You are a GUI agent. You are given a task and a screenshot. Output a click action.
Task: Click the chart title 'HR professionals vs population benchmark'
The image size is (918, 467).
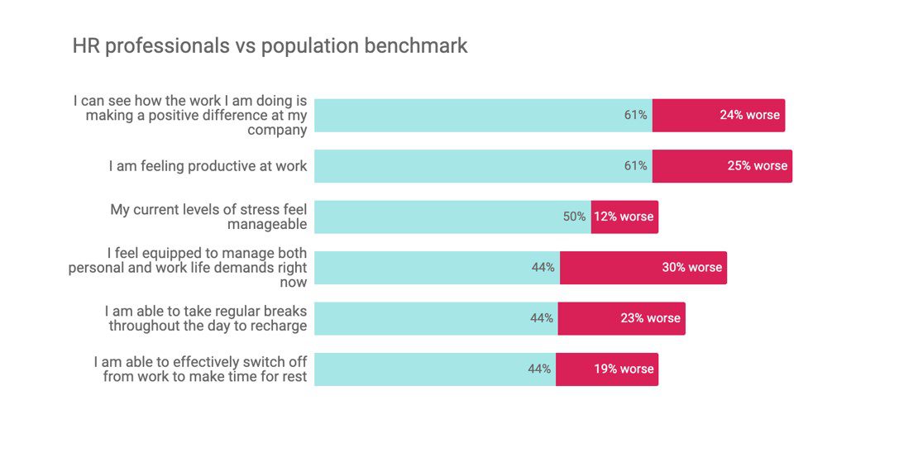(270, 45)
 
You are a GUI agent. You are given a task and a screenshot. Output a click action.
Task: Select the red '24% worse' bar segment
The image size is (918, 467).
(719, 115)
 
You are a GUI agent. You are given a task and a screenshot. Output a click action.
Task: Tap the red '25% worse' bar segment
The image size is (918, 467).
(722, 166)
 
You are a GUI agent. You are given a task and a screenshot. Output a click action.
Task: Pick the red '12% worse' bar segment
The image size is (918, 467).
(624, 217)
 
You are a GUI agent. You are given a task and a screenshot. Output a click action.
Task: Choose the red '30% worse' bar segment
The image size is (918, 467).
(643, 268)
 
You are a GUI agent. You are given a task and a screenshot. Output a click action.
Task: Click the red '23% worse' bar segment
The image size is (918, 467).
(622, 319)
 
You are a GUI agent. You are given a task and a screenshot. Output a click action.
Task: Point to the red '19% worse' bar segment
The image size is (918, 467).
(607, 369)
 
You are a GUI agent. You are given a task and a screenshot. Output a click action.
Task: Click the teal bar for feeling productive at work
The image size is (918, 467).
(483, 166)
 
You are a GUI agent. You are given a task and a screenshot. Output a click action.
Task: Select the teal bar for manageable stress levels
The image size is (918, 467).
(452, 217)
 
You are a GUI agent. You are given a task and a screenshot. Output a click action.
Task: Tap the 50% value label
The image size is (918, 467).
(574, 217)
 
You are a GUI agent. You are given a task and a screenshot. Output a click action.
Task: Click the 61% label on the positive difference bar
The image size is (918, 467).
(635, 115)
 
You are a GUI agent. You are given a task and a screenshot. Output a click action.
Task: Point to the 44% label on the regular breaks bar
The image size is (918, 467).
(542, 318)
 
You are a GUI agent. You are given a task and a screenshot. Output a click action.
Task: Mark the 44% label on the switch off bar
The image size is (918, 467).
(539, 369)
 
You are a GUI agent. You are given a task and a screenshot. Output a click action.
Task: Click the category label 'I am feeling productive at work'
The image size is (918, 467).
(208, 166)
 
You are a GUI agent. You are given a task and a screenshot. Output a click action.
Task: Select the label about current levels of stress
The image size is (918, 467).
(208, 217)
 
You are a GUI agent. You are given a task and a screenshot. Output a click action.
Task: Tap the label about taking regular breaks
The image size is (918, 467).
(206, 318)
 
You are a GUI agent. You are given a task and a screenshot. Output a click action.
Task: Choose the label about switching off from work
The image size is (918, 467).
(200, 369)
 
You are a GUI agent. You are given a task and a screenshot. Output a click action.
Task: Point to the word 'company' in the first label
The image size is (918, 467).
(278, 131)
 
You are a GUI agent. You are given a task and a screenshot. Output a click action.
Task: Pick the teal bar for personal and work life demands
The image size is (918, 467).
(437, 268)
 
